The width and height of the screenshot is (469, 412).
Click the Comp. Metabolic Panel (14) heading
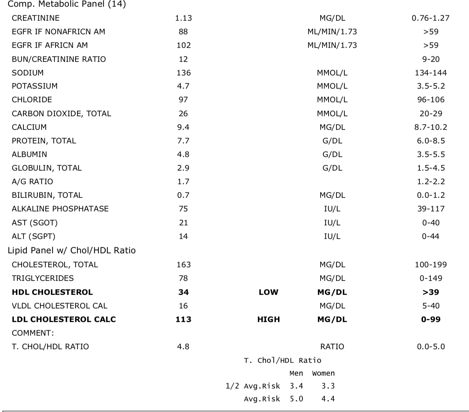[67, 4]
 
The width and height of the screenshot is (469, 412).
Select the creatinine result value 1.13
[184, 18]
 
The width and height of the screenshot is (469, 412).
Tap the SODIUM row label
[28, 73]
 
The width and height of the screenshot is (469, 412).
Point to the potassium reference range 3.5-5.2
[431, 86]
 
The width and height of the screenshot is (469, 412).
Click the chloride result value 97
[183, 100]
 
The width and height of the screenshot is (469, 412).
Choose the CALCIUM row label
[29, 127]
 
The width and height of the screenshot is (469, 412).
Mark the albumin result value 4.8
[183, 154]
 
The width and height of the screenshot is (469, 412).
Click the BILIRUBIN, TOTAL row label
[47, 195]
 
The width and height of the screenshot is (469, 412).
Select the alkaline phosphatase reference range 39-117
[431, 209]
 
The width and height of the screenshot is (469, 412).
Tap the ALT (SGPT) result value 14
[183, 236]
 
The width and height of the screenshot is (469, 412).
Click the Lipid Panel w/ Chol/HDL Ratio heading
[71, 250]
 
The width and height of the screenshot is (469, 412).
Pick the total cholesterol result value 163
[184, 265]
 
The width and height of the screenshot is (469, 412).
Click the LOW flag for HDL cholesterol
[268, 292]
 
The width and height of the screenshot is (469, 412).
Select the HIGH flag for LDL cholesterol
[268, 319]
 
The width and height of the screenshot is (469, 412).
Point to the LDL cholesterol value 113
[184, 319]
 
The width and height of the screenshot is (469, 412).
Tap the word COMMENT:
[32, 333]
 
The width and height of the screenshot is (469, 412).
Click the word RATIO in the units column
[332, 347]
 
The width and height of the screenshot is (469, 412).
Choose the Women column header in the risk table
[323, 373]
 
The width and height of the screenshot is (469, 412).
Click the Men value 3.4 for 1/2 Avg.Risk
[296, 386]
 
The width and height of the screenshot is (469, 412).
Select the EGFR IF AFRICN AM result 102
[184, 45]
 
